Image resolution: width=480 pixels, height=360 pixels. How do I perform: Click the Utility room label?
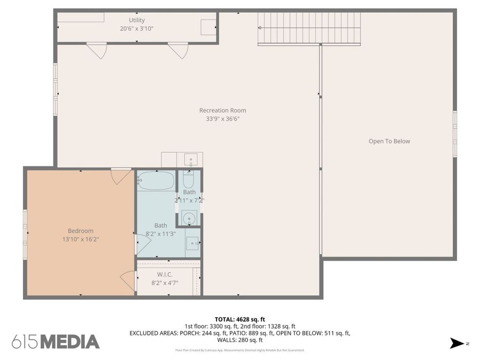[137, 20]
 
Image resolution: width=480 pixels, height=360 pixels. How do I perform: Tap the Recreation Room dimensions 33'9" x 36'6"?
[222, 119]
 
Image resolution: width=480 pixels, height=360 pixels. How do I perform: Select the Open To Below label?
[389, 141]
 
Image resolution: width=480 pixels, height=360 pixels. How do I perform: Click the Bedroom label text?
[81, 231]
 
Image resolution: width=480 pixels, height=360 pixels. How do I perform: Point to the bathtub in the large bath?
[156, 181]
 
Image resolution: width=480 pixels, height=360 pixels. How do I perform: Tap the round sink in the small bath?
[189, 218]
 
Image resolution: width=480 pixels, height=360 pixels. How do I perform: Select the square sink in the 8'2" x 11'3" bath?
[192, 243]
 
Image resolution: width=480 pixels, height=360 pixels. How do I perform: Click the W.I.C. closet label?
[164, 274]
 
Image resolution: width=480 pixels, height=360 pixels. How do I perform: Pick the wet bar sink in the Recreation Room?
[190, 159]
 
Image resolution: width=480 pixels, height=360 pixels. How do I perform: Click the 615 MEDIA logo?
[55, 341]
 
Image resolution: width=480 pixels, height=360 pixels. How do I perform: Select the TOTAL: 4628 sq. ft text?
[239, 319]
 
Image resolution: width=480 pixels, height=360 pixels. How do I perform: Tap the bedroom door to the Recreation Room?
[121, 176]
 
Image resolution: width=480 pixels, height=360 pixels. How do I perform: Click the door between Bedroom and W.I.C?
[128, 281]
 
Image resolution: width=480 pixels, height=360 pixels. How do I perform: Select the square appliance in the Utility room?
[208, 27]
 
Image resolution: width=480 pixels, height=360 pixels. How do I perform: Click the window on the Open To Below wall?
[455, 133]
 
